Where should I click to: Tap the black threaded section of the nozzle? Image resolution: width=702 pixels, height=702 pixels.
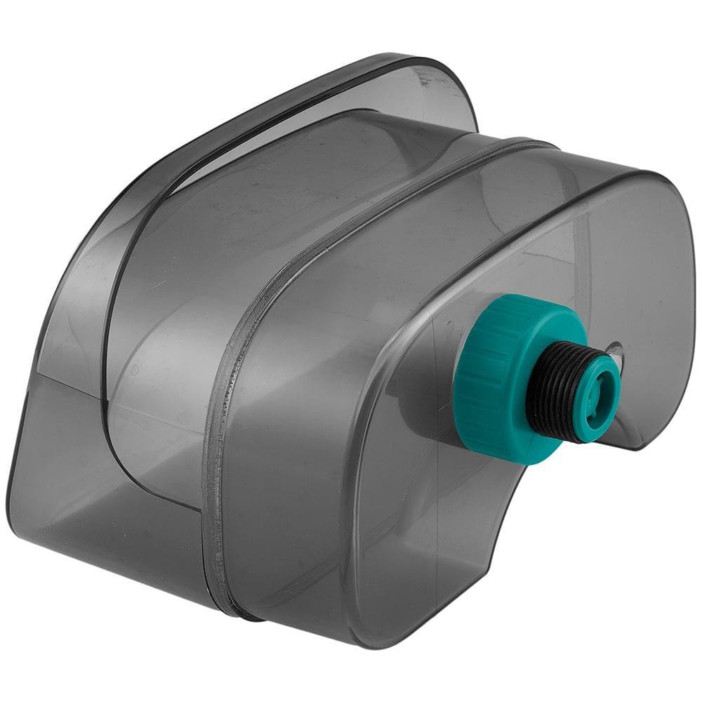(562, 390)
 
